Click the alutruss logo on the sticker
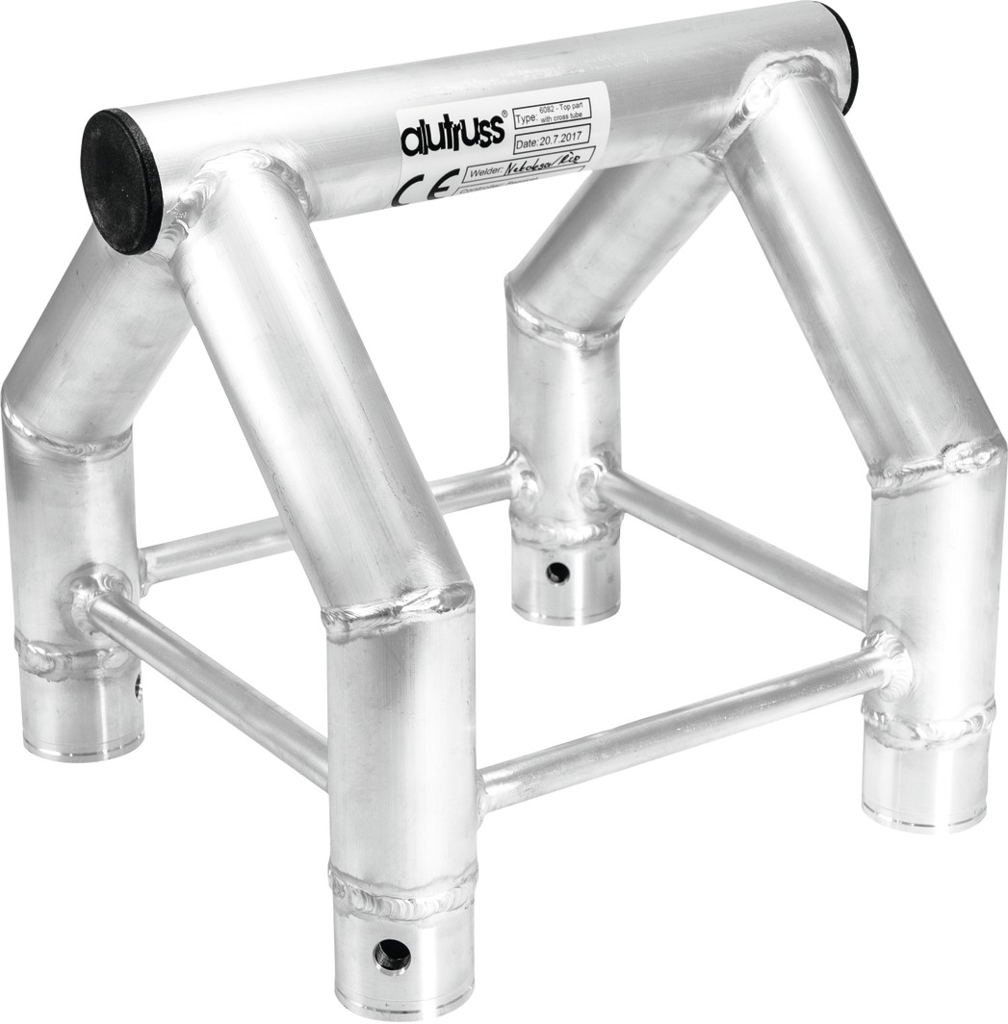tap(452, 135)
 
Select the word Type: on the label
tap(527, 119)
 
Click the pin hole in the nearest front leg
tap(392, 954)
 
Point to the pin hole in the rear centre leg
tap(557, 573)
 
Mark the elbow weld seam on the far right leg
tap(934, 462)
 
